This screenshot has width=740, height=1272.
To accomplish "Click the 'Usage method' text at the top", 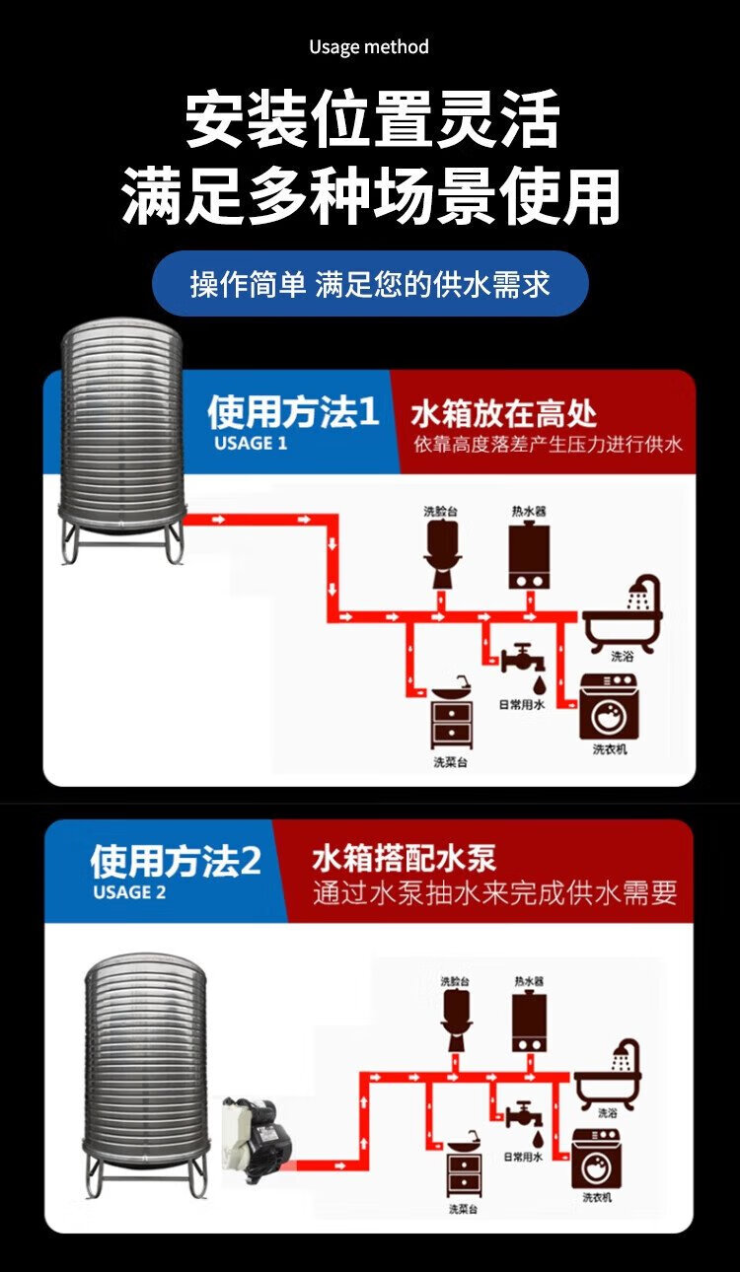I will pos(369,46).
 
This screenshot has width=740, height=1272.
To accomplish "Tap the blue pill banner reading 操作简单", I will pos(370,284).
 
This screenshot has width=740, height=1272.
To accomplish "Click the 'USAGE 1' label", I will pos(251,443).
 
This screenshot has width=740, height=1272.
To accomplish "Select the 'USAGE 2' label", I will pos(129,892).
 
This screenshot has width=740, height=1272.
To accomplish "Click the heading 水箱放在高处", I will pos(503,413).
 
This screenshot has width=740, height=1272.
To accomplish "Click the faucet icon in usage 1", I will pos(520,658).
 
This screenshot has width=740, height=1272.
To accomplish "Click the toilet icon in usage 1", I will pos(441,555).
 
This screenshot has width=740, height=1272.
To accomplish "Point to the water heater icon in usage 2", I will pos(529,1021).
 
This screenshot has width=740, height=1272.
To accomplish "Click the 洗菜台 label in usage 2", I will pos(463,1209).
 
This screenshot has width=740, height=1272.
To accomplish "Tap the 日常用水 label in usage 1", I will pos(521,704).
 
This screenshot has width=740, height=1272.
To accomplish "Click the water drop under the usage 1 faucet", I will pos(539,682).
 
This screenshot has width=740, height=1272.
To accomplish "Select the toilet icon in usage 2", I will pos(456,1021).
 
